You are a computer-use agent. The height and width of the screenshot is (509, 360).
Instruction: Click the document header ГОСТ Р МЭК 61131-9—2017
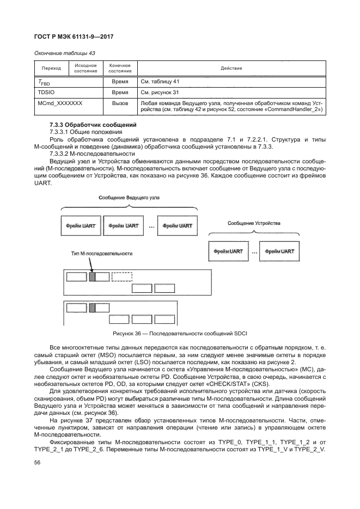(74, 36)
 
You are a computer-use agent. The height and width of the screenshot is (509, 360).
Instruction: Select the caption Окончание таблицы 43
(65, 53)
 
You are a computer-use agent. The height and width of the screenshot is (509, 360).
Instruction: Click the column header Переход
(51, 68)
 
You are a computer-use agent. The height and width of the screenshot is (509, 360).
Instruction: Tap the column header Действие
(231, 68)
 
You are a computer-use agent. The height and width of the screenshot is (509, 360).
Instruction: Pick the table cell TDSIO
(45, 93)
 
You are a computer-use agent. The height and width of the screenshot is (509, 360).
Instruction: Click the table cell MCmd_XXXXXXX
(60, 103)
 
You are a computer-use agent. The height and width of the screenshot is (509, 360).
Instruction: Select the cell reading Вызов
(120, 103)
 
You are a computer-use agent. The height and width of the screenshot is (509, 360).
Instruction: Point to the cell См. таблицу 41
(160, 82)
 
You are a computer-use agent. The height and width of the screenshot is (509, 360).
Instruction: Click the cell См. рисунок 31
(160, 93)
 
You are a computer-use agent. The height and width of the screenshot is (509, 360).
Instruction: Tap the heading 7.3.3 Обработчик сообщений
(93, 125)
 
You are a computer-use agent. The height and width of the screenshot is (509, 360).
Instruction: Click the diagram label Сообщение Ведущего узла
(129, 198)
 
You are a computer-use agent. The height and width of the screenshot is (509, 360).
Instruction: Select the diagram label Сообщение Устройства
(254, 223)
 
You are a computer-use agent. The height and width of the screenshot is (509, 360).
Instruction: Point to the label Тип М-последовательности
(102, 254)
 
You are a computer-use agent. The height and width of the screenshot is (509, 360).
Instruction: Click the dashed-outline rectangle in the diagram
(122, 277)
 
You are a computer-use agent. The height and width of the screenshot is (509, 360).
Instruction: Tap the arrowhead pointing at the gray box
(92, 270)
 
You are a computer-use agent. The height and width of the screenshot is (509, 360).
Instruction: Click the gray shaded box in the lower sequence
(92, 308)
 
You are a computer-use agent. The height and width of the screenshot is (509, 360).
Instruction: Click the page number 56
(37, 463)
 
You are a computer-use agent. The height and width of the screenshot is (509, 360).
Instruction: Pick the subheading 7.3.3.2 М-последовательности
(92, 154)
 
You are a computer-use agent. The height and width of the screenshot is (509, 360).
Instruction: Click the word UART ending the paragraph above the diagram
(42, 183)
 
